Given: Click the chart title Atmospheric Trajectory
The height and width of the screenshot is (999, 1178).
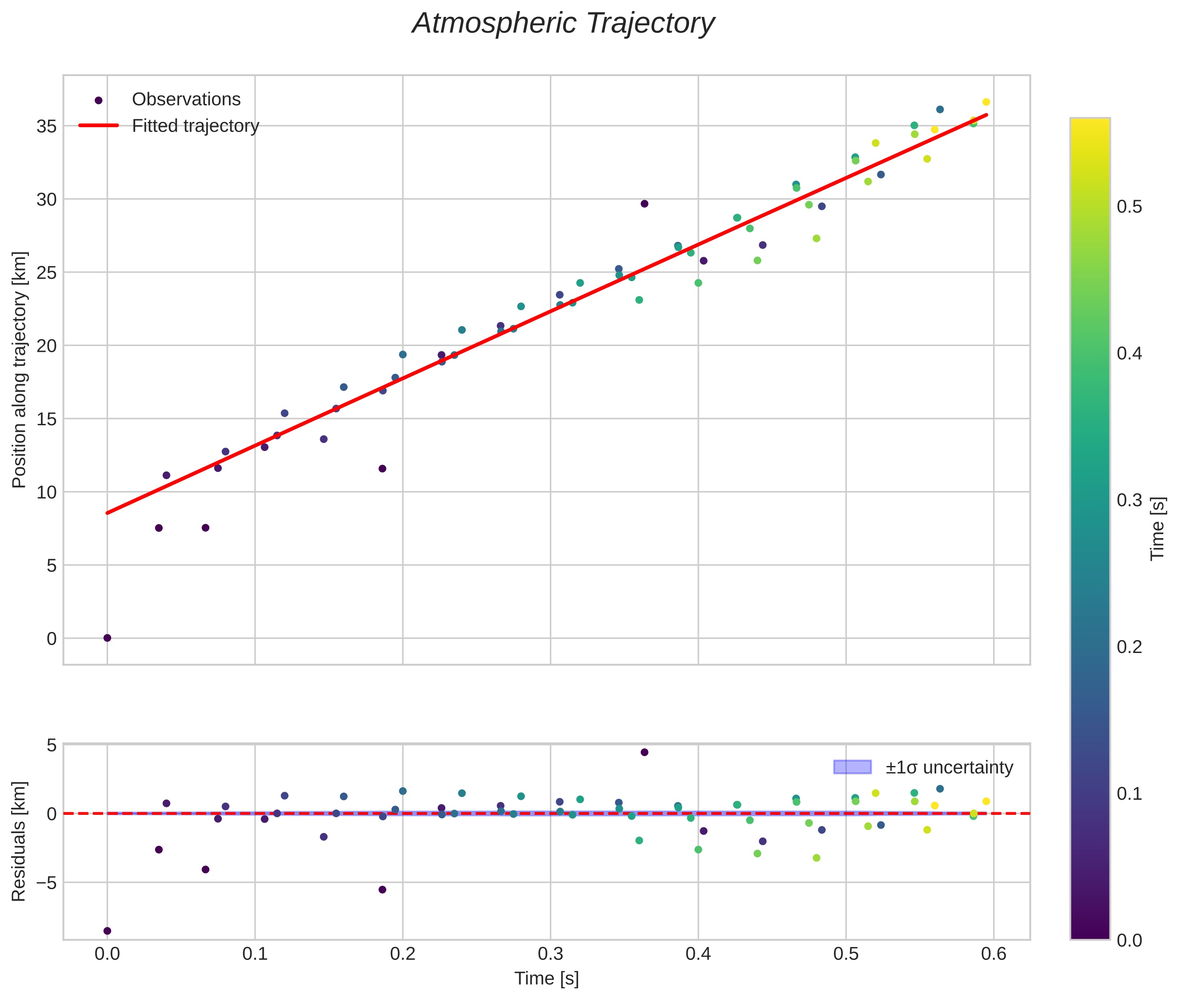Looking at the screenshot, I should [563, 24].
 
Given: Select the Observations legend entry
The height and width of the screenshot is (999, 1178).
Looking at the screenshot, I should [186, 100].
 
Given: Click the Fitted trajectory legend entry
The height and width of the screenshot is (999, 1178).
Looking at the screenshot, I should [195, 126].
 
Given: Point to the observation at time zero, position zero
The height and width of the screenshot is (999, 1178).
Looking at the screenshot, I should [108, 638].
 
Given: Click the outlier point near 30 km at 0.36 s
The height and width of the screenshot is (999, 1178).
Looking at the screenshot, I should [644, 204].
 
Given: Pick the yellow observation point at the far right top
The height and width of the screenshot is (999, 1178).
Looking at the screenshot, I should [986, 102].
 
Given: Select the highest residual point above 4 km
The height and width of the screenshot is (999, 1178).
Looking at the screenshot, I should [644, 752].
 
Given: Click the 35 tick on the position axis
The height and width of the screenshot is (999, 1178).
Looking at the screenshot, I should [47, 126].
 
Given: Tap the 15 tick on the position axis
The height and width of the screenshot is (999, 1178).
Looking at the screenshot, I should [47, 419].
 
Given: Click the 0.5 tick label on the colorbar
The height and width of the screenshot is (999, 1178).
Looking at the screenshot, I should [1129, 207].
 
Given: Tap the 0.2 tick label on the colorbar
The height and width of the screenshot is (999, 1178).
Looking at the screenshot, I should [1129, 647].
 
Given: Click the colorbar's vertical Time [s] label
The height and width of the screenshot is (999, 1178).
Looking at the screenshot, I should [1158, 529].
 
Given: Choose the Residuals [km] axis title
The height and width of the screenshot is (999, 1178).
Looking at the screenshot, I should [19, 842].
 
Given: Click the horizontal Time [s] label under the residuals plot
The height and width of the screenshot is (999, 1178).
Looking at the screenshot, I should [546, 979].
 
